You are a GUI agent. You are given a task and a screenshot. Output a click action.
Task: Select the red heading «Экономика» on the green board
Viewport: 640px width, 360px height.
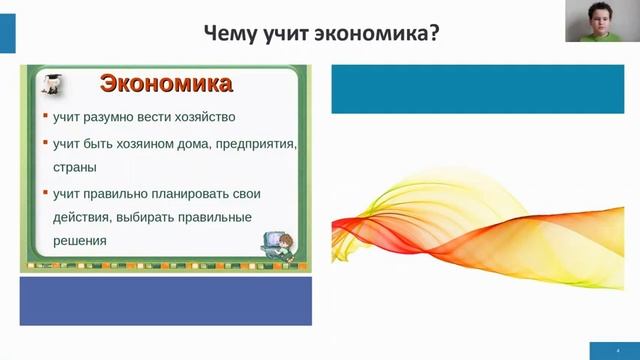[x=167, y=83]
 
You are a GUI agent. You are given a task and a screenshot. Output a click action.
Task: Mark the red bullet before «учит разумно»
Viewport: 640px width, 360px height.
[x=44, y=116]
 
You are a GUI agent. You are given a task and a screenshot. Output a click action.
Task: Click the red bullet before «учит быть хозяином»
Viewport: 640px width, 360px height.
[x=44, y=143]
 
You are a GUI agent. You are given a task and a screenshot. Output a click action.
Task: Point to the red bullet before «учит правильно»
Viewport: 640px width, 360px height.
[x=44, y=192]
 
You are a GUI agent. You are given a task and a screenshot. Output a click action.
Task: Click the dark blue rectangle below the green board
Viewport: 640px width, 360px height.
[x=166, y=301]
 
